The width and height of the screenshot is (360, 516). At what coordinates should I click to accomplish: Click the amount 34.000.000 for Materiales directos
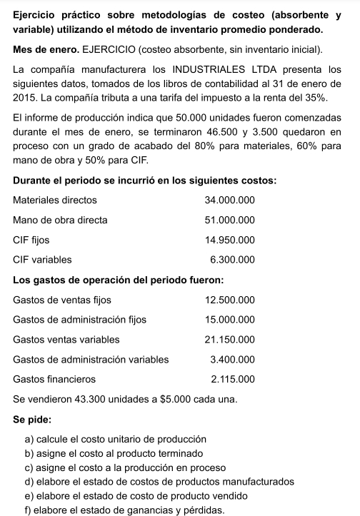[x=229, y=200]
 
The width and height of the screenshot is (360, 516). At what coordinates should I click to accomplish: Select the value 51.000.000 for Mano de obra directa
[x=229, y=220]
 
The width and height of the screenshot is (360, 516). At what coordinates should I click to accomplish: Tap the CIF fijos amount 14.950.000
[x=229, y=240]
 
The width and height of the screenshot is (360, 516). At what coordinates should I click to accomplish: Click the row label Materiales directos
[x=55, y=200]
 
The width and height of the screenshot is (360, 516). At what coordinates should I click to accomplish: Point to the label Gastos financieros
[x=54, y=379]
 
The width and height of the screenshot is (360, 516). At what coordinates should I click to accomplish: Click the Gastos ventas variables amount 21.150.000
[x=229, y=339]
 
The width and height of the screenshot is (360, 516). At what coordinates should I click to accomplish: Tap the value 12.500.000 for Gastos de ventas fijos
[x=229, y=299]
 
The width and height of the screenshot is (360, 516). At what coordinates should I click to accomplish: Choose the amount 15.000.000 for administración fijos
[x=229, y=319]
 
